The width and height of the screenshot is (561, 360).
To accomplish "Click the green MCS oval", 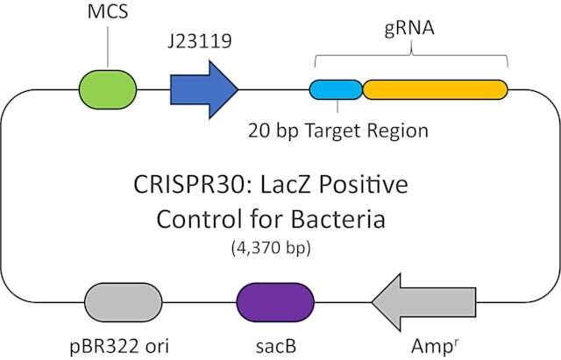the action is pos(108,89).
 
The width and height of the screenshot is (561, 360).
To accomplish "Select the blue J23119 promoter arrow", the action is pos(204,89).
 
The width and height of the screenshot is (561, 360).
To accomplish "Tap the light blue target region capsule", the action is pos(336,89).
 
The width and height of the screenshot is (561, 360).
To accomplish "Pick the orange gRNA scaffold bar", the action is pos(435,89).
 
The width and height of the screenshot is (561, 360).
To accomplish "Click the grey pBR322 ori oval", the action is pos(124,302).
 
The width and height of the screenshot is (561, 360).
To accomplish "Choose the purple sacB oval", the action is pos(275,302).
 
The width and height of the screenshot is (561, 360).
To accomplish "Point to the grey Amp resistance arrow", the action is pos(423,302).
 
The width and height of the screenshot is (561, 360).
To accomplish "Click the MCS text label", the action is pos(108,11).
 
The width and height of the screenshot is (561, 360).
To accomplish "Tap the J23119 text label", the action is pos(200,41).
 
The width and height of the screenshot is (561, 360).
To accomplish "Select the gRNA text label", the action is pos(409,28).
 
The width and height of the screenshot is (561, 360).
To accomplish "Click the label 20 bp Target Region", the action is pos(338,131).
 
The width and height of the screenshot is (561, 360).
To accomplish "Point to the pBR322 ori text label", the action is pos(119,346).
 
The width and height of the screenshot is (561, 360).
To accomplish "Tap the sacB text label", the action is pos(276,346).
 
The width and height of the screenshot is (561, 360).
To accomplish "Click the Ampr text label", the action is pos(435,345).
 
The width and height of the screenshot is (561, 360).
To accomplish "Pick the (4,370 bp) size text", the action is pos(271,248).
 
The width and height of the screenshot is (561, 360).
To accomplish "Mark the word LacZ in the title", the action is pos(282,185).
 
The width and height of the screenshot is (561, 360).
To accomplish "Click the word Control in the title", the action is pos(199,219).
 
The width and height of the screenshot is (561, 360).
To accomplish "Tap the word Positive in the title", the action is pos(364,185).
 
